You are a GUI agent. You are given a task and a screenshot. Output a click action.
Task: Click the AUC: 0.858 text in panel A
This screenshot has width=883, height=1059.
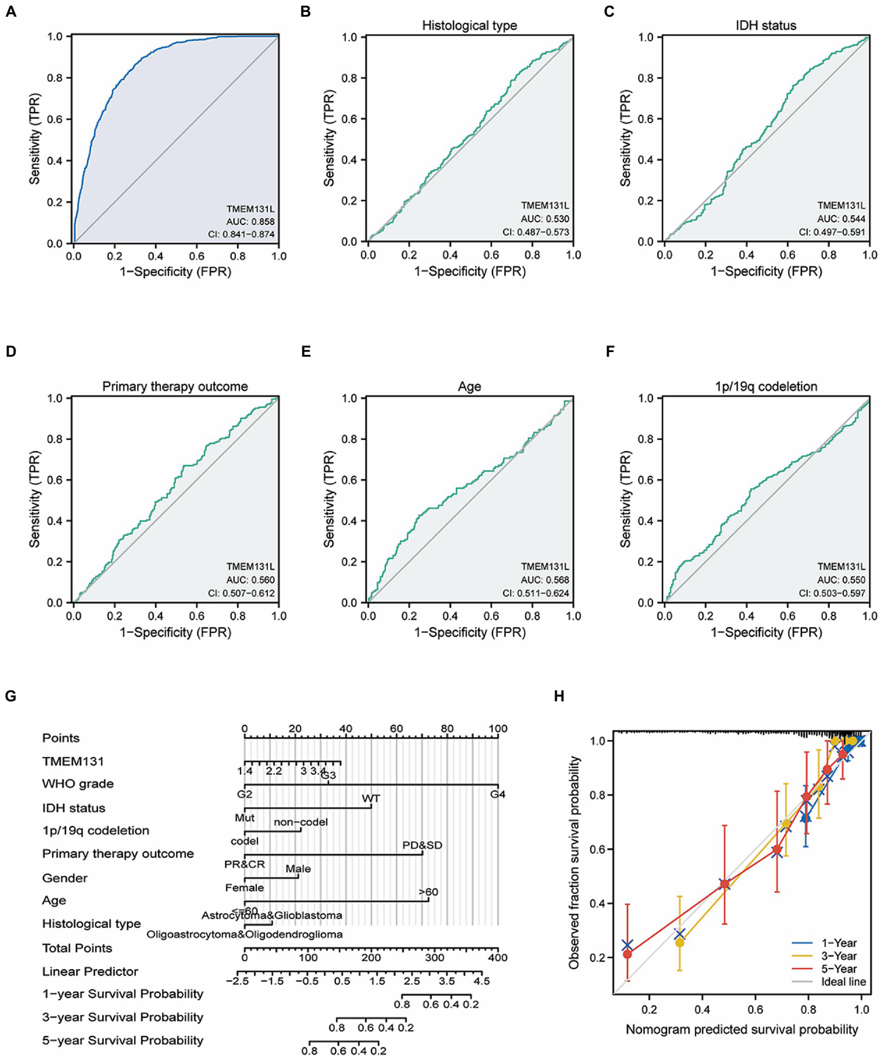tap(250, 221)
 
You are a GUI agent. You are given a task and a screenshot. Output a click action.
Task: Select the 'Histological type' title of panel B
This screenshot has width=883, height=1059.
tap(469, 25)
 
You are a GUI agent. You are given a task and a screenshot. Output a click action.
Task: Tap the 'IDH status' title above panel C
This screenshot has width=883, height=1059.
tap(766, 25)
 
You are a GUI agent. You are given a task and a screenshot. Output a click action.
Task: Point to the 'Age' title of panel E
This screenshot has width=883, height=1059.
tap(469, 387)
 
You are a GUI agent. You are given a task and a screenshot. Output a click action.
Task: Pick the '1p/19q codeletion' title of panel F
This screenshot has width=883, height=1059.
tap(766, 387)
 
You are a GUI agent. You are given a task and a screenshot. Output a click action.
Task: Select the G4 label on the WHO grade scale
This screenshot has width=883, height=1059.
tap(498, 794)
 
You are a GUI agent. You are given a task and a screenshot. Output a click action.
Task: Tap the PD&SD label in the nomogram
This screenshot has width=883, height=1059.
tap(422, 845)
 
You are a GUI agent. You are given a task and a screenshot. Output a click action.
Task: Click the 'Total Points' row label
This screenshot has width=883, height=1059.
tap(77, 948)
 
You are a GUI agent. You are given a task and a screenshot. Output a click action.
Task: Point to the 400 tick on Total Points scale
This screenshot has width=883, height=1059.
tap(498, 958)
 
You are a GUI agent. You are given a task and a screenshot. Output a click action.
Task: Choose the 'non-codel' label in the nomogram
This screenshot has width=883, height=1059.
tap(301, 822)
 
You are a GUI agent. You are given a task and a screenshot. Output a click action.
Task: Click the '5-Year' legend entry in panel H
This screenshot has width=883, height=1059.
tap(839, 969)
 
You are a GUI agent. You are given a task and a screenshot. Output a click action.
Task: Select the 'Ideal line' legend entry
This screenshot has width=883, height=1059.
tap(843, 982)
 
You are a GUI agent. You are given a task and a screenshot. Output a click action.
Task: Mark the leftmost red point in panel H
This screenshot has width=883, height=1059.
tap(628, 954)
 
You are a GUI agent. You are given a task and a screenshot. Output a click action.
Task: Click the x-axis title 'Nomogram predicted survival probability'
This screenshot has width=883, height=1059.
tap(741, 1030)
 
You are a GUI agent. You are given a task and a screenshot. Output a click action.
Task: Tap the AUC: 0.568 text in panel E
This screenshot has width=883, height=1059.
tap(545, 580)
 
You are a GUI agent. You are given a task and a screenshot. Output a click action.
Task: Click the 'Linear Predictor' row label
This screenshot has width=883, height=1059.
tap(90, 971)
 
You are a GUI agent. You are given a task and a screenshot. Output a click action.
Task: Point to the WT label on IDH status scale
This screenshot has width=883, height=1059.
tap(371, 798)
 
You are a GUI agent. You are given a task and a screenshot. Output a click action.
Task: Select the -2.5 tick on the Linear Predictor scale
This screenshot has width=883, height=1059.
tap(244, 981)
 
